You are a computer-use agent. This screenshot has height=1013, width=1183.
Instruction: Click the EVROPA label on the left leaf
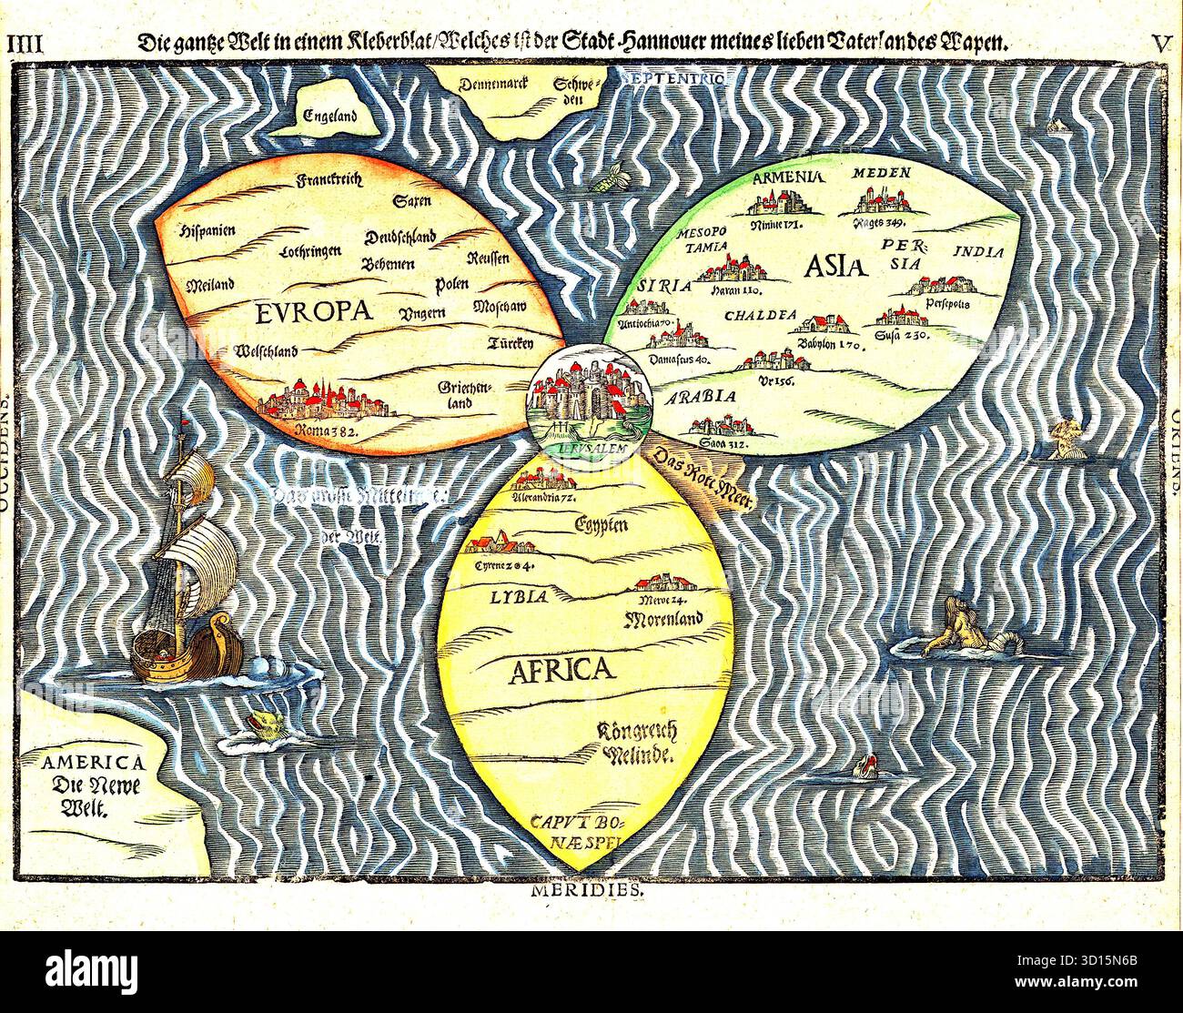tap(316, 312)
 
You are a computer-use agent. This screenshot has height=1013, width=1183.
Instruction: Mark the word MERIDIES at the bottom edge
tap(587, 892)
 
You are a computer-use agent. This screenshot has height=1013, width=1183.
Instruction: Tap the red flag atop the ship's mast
tap(188, 425)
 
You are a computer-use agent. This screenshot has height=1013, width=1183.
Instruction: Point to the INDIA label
tap(978, 251)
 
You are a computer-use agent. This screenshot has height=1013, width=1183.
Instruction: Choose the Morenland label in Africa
tap(664, 621)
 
